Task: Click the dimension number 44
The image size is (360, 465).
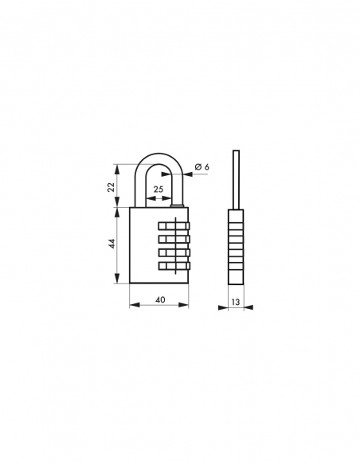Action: (x=112, y=246)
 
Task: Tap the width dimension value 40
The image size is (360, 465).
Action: (x=160, y=299)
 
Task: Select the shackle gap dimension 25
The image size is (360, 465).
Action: (x=158, y=189)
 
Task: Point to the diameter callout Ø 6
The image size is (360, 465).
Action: (x=202, y=166)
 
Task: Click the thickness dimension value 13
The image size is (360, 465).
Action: (x=235, y=302)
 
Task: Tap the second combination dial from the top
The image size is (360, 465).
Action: (x=175, y=239)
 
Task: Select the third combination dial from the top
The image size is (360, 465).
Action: (x=175, y=253)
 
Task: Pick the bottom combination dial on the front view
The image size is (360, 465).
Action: (x=175, y=267)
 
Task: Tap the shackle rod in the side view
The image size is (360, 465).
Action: (x=236, y=179)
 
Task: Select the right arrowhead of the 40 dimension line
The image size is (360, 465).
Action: (x=187, y=306)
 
